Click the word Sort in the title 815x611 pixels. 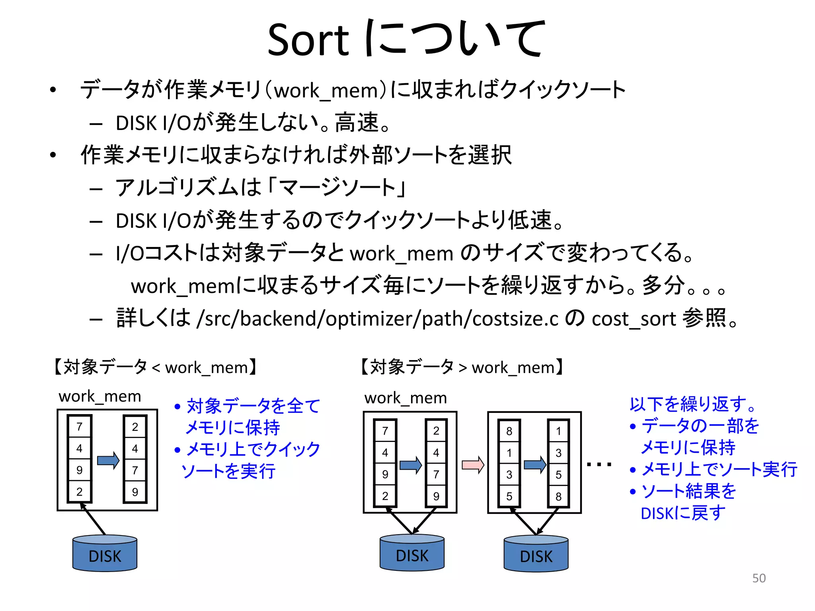tap(308, 40)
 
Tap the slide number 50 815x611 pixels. tap(758, 578)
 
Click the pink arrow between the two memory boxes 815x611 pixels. tap(472, 465)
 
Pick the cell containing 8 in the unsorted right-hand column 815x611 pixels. tap(509, 431)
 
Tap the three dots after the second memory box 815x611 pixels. tap(599, 464)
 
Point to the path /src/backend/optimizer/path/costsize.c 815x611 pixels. tap(378, 319)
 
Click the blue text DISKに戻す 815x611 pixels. tap(683, 513)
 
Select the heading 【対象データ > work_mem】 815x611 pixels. tap(462, 367)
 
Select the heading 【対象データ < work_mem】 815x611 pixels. tap(155, 367)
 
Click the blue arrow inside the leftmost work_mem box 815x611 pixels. tap(108, 460)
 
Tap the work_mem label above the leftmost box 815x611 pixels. tap(100, 396)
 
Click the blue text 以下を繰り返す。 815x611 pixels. tap(692, 404)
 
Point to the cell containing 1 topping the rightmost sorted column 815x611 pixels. tap(558, 431)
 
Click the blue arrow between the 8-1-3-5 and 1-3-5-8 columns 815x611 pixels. tap(534, 465)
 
